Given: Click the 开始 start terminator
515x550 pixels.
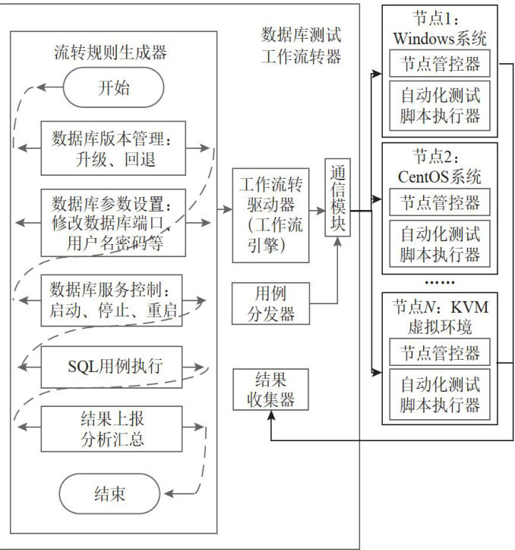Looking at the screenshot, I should click(x=113, y=87).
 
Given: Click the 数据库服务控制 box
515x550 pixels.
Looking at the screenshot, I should click(x=112, y=298).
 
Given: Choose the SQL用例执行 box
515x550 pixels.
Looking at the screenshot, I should click(x=112, y=364).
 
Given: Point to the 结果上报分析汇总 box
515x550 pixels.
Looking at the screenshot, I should click(x=112, y=428).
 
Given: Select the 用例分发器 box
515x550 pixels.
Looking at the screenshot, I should click(x=271, y=304).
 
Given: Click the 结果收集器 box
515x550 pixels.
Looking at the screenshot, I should click(x=271, y=389).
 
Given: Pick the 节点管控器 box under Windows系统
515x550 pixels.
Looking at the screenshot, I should click(x=440, y=64).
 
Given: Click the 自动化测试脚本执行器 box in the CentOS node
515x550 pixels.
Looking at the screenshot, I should click(x=440, y=243).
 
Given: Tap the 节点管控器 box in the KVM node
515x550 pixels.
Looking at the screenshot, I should click(x=440, y=352).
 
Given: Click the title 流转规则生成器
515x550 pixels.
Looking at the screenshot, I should click(x=110, y=52).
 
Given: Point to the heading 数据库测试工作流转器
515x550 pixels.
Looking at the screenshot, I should click(x=301, y=45).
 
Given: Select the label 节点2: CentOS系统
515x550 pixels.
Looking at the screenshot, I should click(x=440, y=167).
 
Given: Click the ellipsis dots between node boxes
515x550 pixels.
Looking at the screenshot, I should click(x=440, y=282).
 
